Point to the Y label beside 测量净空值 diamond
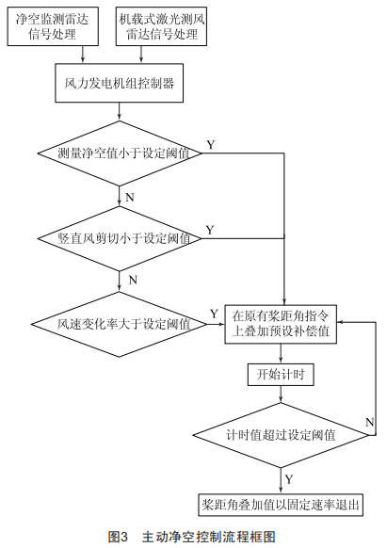(x=211, y=145)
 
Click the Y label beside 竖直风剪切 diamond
(x=210, y=230)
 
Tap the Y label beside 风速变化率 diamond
(x=214, y=314)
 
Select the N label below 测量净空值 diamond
(x=130, y=198)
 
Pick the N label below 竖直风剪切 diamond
(x=133, y=280)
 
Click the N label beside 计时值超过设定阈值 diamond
(x=369, y=422)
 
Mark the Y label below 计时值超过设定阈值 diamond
(x=289, y=479)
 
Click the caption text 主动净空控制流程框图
(x=209, y=537)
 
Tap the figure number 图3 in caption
(x=118, y=537)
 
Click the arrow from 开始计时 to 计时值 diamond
(x=281, y=395)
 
